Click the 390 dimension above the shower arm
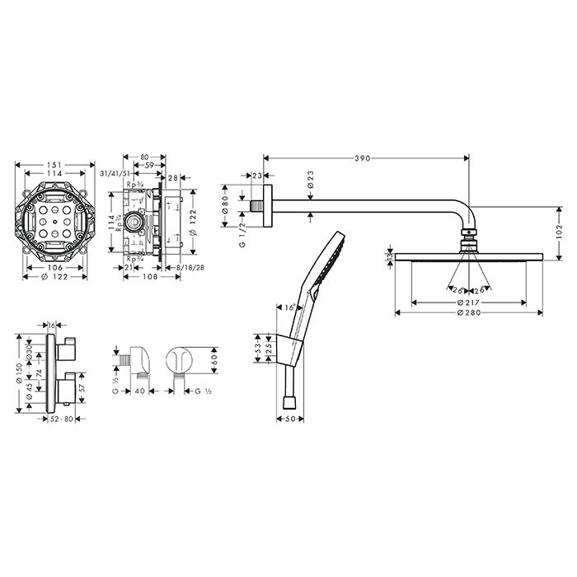tap(362, 157)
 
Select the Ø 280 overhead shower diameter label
tap(467, 314)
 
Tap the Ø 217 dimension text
tap(467, 302)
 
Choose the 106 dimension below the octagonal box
tap(54, 266)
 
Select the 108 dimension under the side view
tap(149, 277)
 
